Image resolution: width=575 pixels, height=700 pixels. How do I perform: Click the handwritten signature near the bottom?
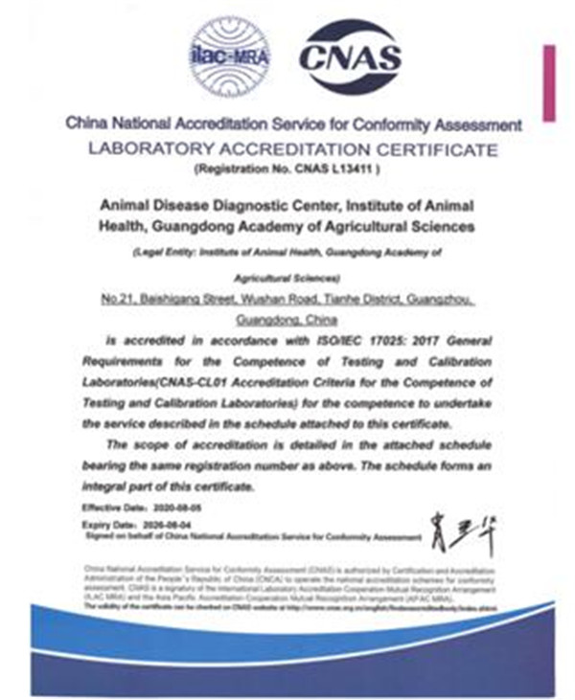tap(464, 530)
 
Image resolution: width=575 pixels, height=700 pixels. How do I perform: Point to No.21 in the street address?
tap(119, 301)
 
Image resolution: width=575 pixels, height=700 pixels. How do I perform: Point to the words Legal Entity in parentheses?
tap(162, 253)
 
